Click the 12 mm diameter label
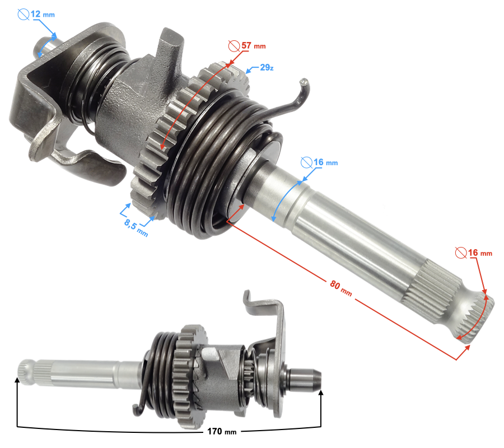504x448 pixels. coord(43,15)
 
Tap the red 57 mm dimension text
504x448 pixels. coord(254,45)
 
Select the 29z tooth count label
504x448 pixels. coord(267,68)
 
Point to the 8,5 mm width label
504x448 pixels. coord(136,228)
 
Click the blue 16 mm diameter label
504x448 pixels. coord(325,162)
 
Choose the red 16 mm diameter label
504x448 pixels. coord(480,253)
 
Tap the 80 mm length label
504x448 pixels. coord(340,288)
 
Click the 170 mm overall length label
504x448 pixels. coord(222,431)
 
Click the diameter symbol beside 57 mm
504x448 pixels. coord(234,46)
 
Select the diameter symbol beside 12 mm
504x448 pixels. coord(24,15)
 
